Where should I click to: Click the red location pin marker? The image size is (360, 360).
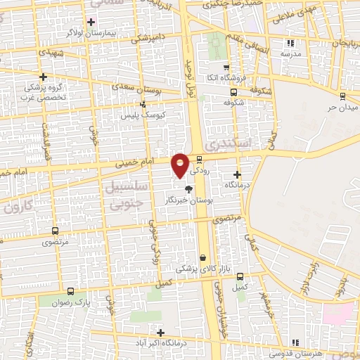pyautogui.click(x=180, y=165)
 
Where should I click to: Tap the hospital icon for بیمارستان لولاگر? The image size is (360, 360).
pyautogui.click(x=91, y=22)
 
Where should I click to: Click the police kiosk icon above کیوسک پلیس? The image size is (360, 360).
pyautogui.click(x=143, y=103)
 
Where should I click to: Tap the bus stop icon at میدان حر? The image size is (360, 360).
pyautogui.click(x=342, y=96)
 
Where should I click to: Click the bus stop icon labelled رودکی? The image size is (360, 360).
pyautogui.click(x=200, y=159)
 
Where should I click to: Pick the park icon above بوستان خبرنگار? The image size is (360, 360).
pyautogui.click(x=188, y=188)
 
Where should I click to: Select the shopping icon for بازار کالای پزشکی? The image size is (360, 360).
pyautogui.click(x=203, y=257)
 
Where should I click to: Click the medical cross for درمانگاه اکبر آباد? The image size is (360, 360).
pyautogui.click(x=161, y=333)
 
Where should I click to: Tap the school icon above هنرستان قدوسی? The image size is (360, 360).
pyautogui.click(x=295, y=342)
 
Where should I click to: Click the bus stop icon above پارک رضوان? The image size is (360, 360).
pyautogui.click(x=70, y=290)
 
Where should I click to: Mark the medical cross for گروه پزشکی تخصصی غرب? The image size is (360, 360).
pyautogui.click(x=44, y=77)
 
